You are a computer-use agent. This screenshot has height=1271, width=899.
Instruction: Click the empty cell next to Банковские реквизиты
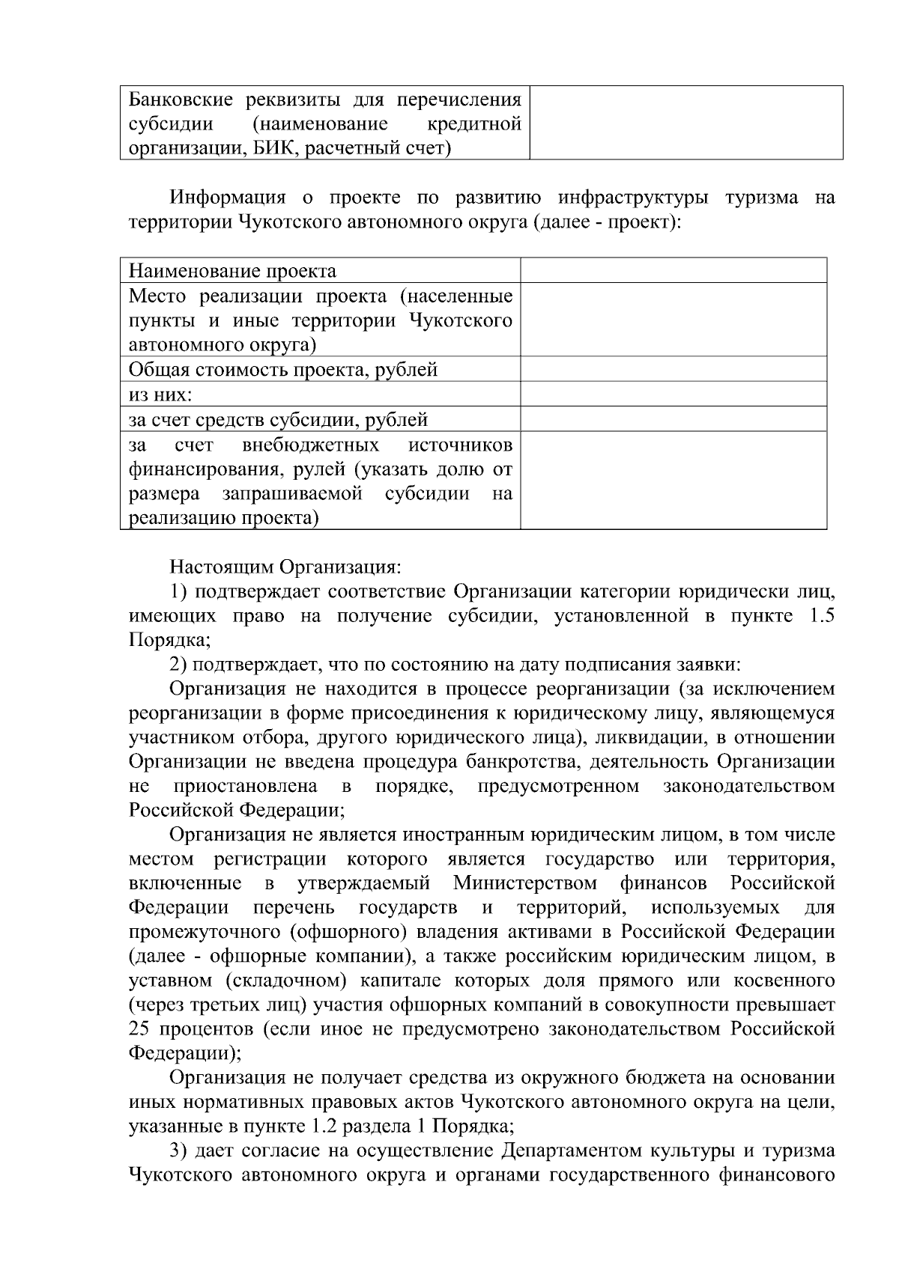pyautogui.click(x=685, y=123)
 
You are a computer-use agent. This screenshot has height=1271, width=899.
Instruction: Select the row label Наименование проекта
pyautogui.click(x=232, y=271)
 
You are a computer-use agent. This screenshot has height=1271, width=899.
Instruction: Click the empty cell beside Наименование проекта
pyautogui.click(x=673, y=270)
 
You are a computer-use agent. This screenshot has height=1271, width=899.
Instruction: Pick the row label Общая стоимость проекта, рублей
pyautogui.click(x=283, y=370)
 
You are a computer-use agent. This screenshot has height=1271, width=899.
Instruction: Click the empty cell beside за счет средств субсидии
pyautogui.click(x=673, y=419)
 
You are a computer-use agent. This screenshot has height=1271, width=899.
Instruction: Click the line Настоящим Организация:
pyautogui.click(x=285, y=567)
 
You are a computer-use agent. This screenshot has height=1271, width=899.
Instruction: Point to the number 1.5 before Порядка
pyautogui.click(x=822, y=617)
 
